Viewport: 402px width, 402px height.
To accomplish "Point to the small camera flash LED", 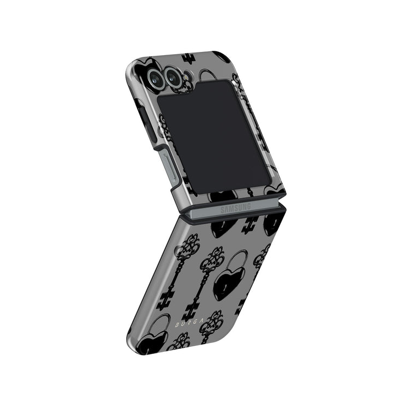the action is coord(186,76).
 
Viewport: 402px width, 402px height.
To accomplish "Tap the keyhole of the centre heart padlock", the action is coord(225,288).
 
